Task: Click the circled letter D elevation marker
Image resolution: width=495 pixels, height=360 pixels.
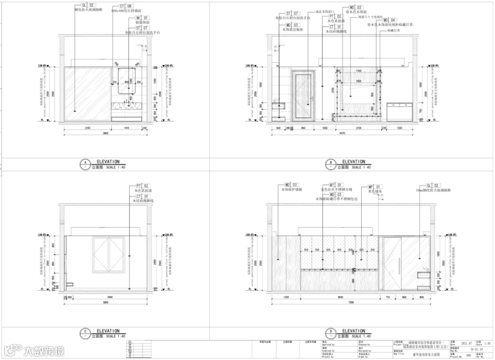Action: (x=331, y=333)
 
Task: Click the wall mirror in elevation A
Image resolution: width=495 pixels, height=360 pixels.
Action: (x=127, y=81)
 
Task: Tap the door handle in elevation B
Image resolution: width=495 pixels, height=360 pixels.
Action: (x=311, y=97)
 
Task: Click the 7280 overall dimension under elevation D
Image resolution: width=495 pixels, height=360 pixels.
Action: (x=350, y=303)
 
